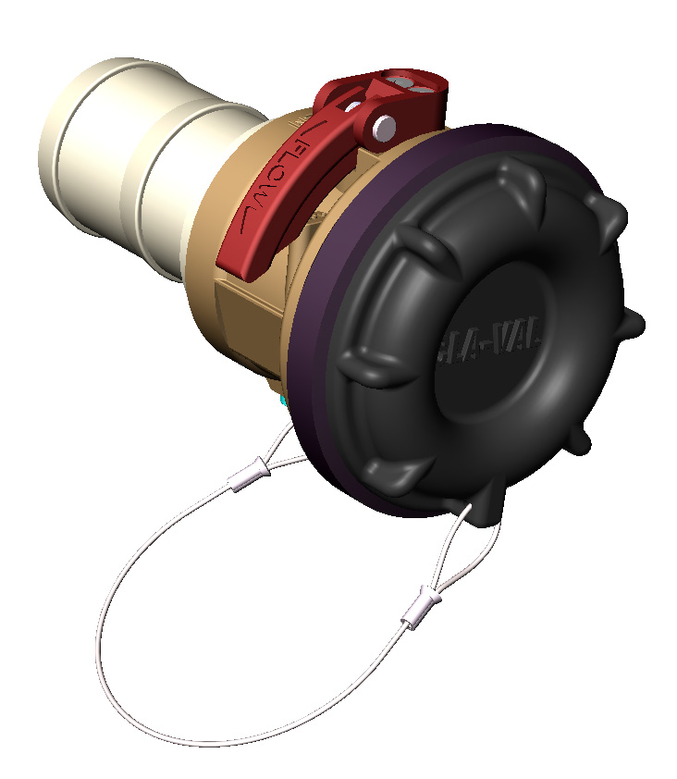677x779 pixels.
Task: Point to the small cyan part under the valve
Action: click(x=283, y=401)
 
